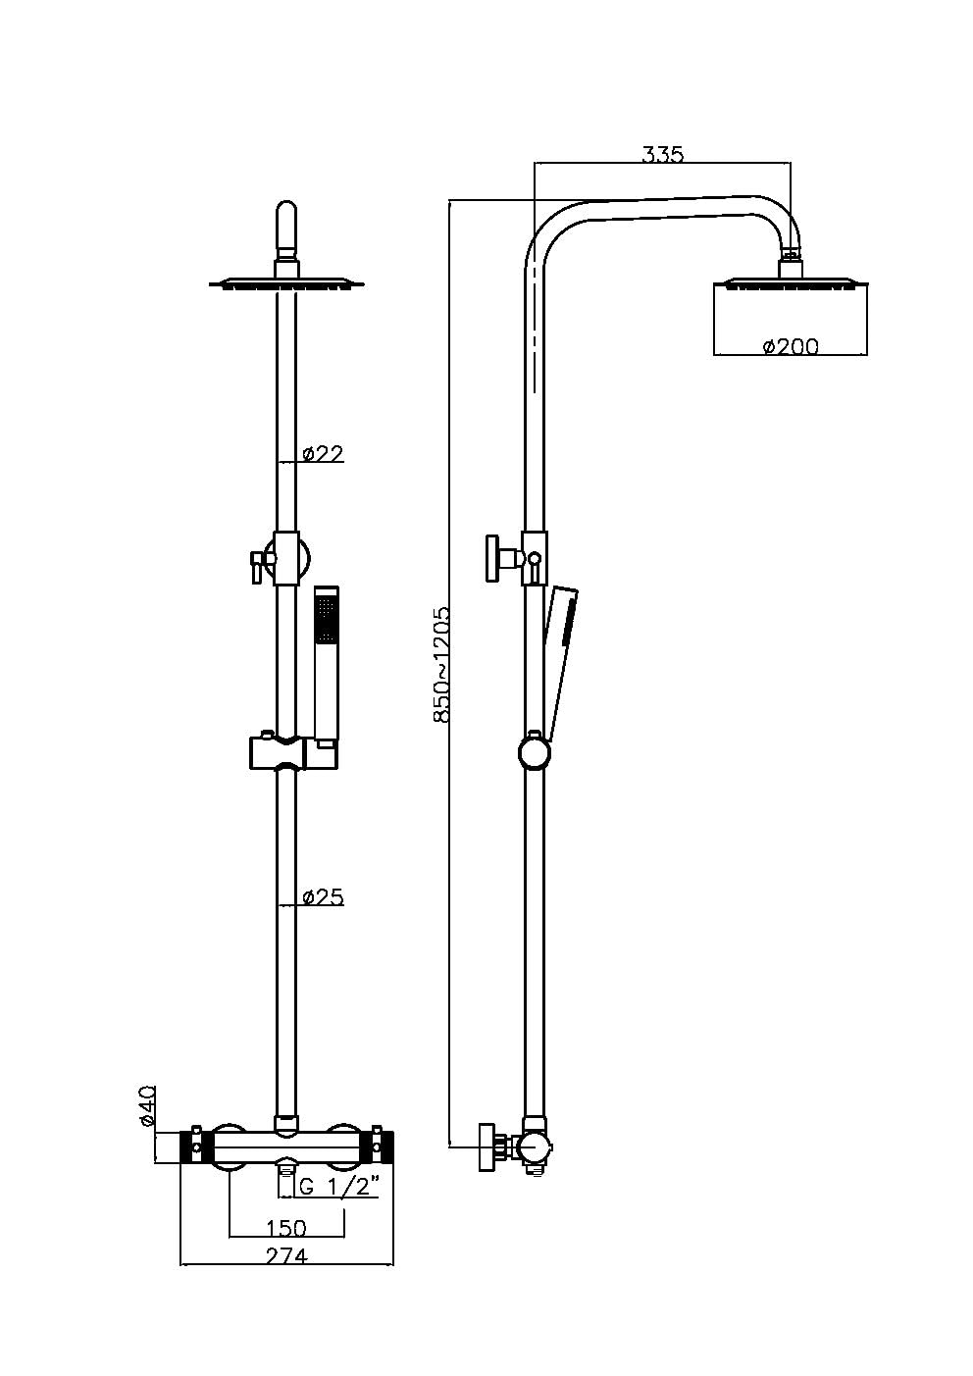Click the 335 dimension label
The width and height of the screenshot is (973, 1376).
[x=662, y=154]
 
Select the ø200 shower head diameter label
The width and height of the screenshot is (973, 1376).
[x=790, y=345]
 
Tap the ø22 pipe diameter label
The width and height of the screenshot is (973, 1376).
[x=323, y=453]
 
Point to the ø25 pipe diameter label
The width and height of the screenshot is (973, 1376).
[x=323, y=896]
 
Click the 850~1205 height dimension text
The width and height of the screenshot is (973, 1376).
[x=441, y=665]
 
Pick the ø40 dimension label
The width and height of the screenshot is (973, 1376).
[x=147, y=1105]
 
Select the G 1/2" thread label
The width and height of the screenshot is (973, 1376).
[x=338, y=1187]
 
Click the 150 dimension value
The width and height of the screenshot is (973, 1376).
[x=286, y=1228]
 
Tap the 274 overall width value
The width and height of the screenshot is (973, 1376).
[x=286, y=1256]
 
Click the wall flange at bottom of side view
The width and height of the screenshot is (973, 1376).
[x=487, y=1147]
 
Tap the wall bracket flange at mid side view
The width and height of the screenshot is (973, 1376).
[x=492, y=559]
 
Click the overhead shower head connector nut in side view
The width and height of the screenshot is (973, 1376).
[x=791, y=266]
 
